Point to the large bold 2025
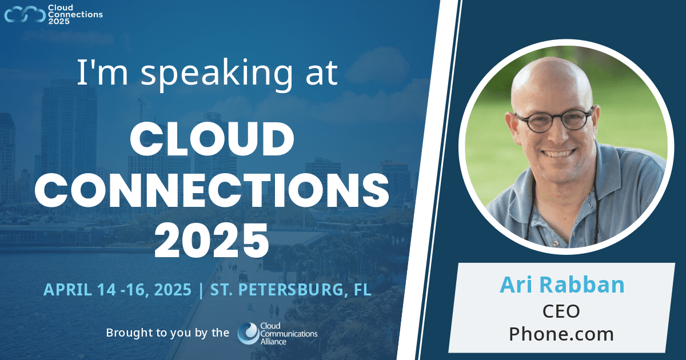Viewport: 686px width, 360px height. point(213,241)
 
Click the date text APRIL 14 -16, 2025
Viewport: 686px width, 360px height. point(118,290)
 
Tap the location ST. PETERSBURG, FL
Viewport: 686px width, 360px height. point(291,290)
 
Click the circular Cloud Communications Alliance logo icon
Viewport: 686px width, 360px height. point(248,333)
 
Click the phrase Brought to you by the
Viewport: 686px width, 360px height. point(167,333)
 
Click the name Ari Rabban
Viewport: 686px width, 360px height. point(562,285)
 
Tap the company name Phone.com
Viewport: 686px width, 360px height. point(561,334)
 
